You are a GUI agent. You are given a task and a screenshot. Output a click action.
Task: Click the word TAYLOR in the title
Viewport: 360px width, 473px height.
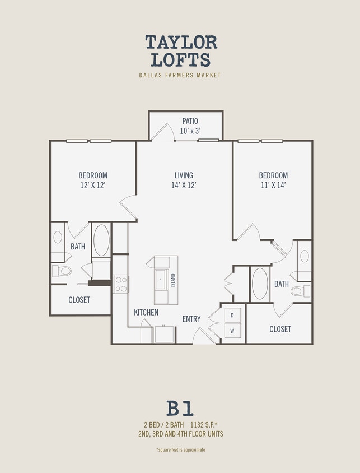click(x=181, y=42)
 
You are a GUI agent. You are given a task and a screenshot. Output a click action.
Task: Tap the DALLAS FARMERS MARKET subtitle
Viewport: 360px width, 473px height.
click(x=180, y=75)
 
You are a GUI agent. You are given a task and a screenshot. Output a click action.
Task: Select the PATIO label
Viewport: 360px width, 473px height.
click(x=190, y=121)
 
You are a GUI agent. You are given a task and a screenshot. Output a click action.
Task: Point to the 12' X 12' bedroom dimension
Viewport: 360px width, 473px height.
click(x=92, y=185)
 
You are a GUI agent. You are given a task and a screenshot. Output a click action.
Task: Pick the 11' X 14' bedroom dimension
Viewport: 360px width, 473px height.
click(x=273, y=185)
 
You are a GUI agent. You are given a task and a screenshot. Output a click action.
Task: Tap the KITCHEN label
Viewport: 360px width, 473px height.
click(x=146, y=312)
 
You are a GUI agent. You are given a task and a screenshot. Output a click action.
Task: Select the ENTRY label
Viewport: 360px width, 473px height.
click(x=191, y=319)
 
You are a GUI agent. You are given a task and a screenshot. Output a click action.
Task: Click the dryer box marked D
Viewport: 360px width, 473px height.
click(x=232, y=315)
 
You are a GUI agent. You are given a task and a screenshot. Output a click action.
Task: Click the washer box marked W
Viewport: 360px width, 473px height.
click(x=232, y=331)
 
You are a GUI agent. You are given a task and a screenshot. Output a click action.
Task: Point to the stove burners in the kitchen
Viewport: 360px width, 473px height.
click(x=121, y=284)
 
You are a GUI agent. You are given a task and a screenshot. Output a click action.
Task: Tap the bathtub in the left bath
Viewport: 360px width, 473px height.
click(x=101, y=240)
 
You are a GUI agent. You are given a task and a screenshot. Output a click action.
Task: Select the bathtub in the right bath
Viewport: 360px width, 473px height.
click(x=260, y=284)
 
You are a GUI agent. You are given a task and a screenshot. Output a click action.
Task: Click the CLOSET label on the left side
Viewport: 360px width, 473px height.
click(x=80, y=300)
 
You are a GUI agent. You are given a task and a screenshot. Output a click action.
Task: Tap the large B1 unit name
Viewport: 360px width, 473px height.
click(x=180, y=408)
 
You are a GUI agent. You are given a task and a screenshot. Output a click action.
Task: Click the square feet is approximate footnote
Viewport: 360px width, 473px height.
click(x=180, y=449)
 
